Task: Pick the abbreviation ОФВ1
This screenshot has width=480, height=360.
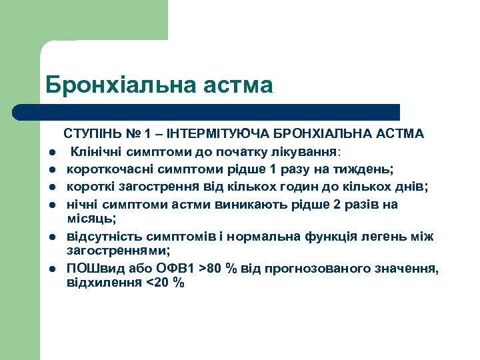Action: pos(167,269)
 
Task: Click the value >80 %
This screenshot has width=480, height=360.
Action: pos(219,269)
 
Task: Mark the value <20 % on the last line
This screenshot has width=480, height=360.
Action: pos(165,283)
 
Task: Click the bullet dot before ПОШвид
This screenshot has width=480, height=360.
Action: pos(51,269)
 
